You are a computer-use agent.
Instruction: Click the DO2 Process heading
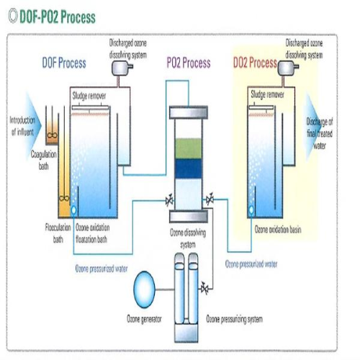[255, 63]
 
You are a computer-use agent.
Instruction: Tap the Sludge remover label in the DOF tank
[90, 94]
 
